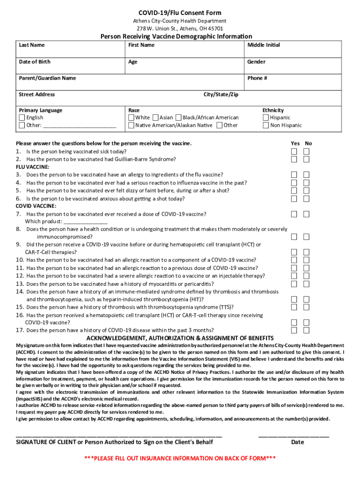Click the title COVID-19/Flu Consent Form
180,13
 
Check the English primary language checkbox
22,118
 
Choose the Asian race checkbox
156,118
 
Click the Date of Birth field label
35,62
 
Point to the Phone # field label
257,78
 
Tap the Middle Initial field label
264,45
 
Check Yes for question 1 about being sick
294,152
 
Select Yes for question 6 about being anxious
294,198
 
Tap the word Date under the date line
297,442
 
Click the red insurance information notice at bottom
180,458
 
